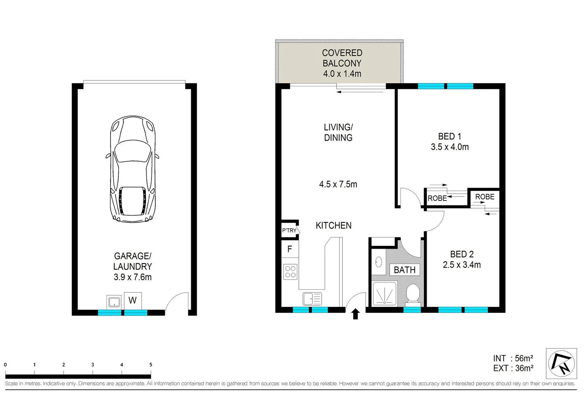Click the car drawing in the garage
[133, 169]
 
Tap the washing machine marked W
[133, 300]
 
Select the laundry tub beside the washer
[114, 302]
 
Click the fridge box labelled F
[290, 249]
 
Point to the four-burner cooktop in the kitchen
[290, 271]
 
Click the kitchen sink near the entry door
[312, 299]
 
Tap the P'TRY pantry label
[289, 230]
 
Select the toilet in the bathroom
[413, 294]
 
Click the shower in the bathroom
[384, 294]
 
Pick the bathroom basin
[379, 262]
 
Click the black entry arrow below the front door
[355, 314]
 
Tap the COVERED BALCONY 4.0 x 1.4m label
[342, 63]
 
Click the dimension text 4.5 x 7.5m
[338, 184]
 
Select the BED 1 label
[449, 136]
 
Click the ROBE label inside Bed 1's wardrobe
[437, 198]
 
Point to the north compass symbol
[561, 364]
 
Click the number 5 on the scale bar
[151, 365]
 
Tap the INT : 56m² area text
[513, 358]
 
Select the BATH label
[404, 270]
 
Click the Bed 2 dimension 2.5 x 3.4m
[461, 265]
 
